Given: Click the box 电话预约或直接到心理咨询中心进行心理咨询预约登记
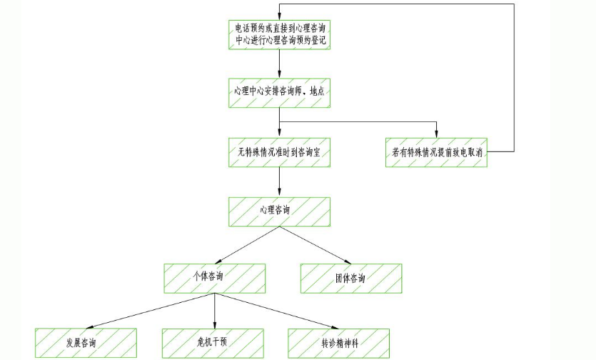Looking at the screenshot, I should [x=279, y=34].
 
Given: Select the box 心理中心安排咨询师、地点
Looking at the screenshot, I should [x=279, y=92].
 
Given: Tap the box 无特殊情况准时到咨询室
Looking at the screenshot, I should [x=279, y=152].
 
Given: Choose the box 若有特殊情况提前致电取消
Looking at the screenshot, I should [x=436, y=152].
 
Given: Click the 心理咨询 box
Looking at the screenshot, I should [x=279, y=211].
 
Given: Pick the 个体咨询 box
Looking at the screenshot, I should [x=215, y=279].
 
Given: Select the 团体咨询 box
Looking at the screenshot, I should [x=350, y=279].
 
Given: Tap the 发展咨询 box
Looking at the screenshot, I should [x=86, y=344].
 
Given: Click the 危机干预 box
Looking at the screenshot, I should [x=215, y=344].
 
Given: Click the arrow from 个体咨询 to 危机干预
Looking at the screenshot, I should [x=215, y=311].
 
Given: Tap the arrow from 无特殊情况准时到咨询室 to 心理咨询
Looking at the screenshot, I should [x=279, y=181].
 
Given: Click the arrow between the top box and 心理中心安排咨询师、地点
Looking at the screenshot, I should [x=279, y=64].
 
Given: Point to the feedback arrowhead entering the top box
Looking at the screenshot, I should [x=279, y=16].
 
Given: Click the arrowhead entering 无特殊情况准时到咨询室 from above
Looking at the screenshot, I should [x=279, y=134].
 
